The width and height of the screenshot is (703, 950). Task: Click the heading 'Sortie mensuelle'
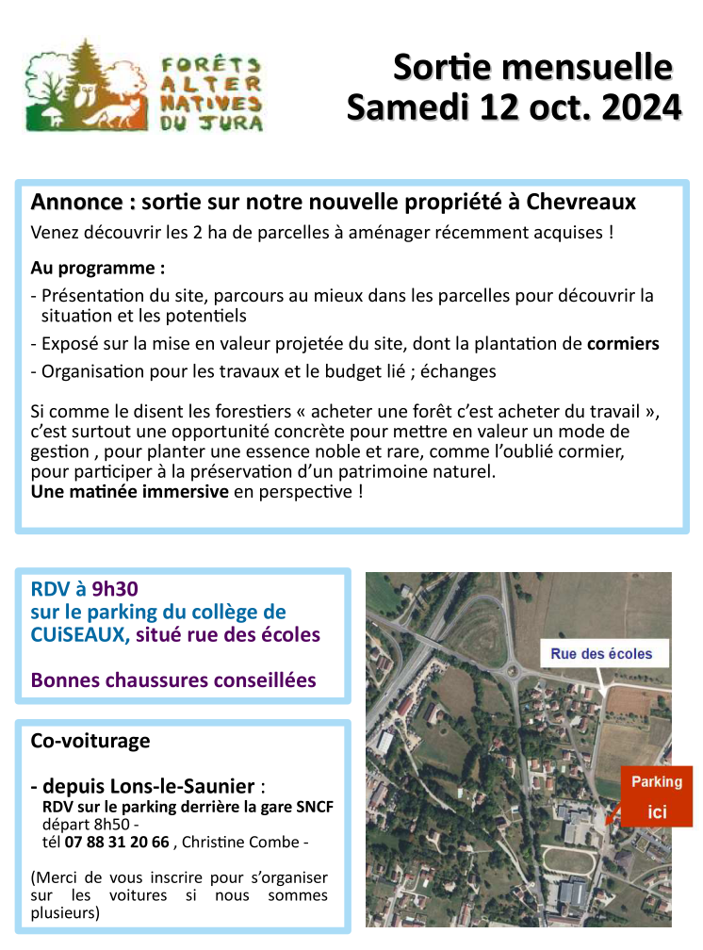[532, 67]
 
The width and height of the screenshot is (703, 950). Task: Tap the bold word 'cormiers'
[623, 344]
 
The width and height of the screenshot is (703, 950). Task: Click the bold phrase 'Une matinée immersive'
[129, 491]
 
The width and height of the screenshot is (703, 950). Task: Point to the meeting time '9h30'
[115, 590]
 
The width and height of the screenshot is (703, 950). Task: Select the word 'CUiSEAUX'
[80, 634]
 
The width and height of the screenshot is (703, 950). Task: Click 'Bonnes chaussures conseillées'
[173, 680]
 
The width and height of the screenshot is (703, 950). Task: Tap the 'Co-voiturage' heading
[90, 741]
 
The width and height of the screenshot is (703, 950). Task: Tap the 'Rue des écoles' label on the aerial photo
[601, 653]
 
